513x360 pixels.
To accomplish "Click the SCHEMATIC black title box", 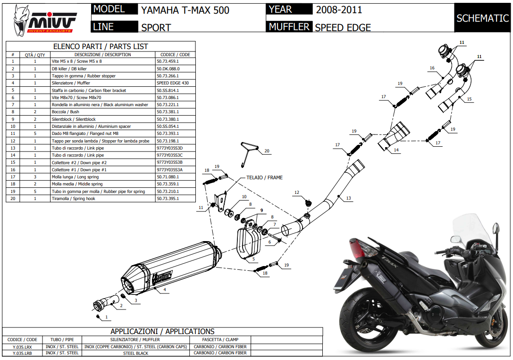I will [x=482, y=18].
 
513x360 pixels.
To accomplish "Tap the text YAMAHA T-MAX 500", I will [x=185, y=10].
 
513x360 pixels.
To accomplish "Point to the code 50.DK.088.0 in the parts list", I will [x=168, y=69].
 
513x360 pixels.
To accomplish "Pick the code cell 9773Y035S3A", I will [x=169, y=170].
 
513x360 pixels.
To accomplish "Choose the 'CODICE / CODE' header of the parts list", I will [x=175, y=55].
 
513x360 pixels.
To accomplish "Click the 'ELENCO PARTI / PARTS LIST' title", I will [x=100, y=46].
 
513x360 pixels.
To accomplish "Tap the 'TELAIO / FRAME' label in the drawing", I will [x=265, y=177].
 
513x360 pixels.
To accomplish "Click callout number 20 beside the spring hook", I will [x=267, y=151].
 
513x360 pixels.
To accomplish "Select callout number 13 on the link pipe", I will [x=348, y=199].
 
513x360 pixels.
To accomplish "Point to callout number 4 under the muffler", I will [x=165, y=289].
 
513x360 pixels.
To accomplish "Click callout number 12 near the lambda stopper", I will [x=297, y=193].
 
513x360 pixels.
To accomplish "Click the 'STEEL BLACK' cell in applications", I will [x=135, y=353].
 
